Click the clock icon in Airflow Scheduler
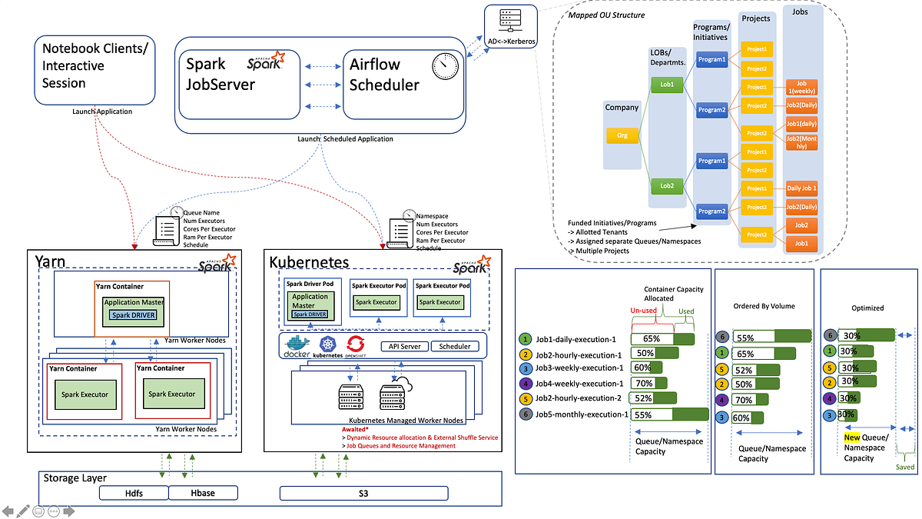[445, 65]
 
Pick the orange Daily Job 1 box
[801, 188]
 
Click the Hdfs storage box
[134, 493]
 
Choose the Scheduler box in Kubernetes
[455, 346]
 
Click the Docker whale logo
[297, 346]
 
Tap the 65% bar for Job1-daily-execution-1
[662, 338]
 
